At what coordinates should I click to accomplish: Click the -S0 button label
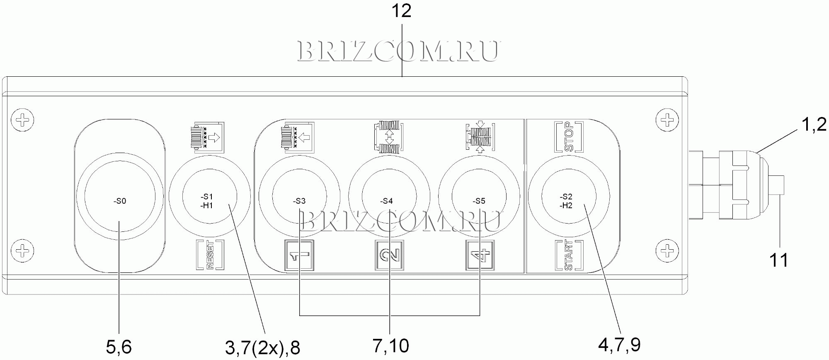point(120,201)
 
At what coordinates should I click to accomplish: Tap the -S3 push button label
point(299,201)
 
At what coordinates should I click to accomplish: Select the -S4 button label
point(387,201)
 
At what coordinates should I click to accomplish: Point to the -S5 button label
point(479,201)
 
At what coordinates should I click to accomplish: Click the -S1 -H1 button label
point(207,201)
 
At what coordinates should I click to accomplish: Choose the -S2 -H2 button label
point(566,201)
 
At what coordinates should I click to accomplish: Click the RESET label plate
point(210,255)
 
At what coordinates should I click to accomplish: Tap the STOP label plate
point(569,137)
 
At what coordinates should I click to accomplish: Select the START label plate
point(569,255)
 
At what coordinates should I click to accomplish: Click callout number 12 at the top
point(401,11)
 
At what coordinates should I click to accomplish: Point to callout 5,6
point(119,347)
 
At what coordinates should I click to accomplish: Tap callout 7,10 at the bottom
point(390,346)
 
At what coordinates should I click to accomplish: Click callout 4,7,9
point(619,345)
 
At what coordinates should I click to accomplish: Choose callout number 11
point(778,260)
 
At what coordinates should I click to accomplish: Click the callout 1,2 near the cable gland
point(814,124)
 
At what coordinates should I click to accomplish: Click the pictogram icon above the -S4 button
point(389,137)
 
